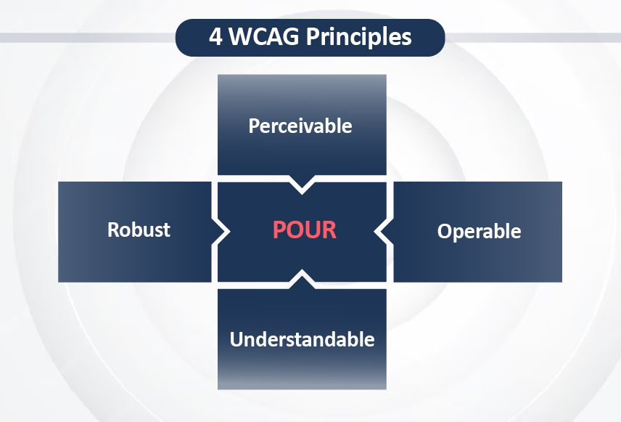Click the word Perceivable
click(x=300, y=126)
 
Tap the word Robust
click(x=139, y=230)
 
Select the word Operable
click(x=479, y=231)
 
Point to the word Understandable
click(x=303, y=339)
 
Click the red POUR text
click(x=305, y=230)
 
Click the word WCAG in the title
click(x=264, y=36)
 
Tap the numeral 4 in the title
click(x=215, y=36)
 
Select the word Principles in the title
click(x=359, y=37)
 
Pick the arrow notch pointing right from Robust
click(x=221, y=232)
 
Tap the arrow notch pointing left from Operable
click(x=383, y=232)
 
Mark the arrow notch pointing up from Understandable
click(x=302, y=278)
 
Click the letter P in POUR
click(x=279, y=230)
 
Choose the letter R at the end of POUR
click(x=329, y=230)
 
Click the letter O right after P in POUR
click(x=295, y=230)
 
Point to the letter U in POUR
click(x=313, y=230)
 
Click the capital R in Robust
click(x=114, y=230)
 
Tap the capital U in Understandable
click(x=237, y=339)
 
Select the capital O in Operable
click(x=445, y=231)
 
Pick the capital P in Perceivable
click(x=254, y=126)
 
